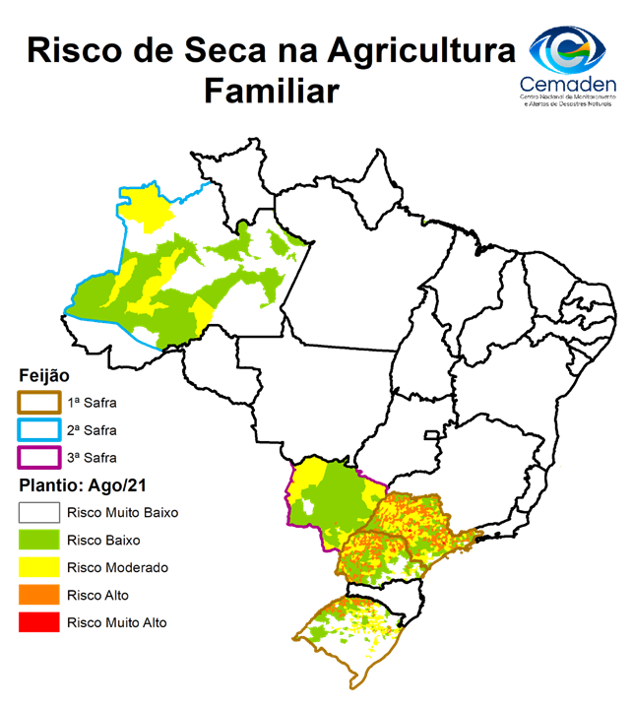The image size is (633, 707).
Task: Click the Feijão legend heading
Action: click(x=43, y=376)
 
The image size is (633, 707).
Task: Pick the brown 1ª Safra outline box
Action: click(x=38, y=402)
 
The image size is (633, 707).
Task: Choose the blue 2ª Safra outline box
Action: click(x=38, y=430)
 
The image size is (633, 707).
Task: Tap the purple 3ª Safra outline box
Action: click(x=38, y=458)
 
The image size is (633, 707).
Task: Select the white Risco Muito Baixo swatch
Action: click(x=38, y=513)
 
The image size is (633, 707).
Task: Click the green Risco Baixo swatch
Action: click(x=38, y=541)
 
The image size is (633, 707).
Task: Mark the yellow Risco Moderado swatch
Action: click(x=38, y=568)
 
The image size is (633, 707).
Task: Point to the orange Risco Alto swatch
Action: click(x=38, y=596)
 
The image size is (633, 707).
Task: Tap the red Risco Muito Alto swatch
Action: click(x=38, y=623)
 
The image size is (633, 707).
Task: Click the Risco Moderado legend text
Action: click(x=117, y=568)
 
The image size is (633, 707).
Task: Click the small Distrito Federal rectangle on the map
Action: click(x=430, y=435)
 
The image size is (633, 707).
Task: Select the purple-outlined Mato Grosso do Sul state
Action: click(x=330, y=502)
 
